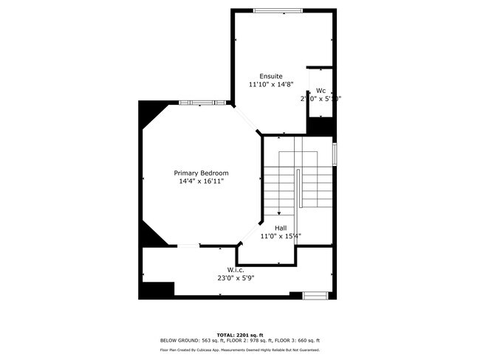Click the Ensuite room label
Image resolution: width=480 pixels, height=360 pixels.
[271, 76]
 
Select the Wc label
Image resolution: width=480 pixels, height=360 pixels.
[320, 91]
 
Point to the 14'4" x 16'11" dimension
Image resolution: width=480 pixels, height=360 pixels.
[199, 181]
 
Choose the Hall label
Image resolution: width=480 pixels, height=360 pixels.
[281, 228]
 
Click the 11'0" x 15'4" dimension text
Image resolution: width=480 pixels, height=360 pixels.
[281, 236]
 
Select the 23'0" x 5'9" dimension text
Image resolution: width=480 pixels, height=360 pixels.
[236, 279]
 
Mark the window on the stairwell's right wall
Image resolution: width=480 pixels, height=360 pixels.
[335, 153]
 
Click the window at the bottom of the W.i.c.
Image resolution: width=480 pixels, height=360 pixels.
[315, 295]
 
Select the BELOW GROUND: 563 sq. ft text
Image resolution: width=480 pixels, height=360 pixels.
[190, 340]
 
